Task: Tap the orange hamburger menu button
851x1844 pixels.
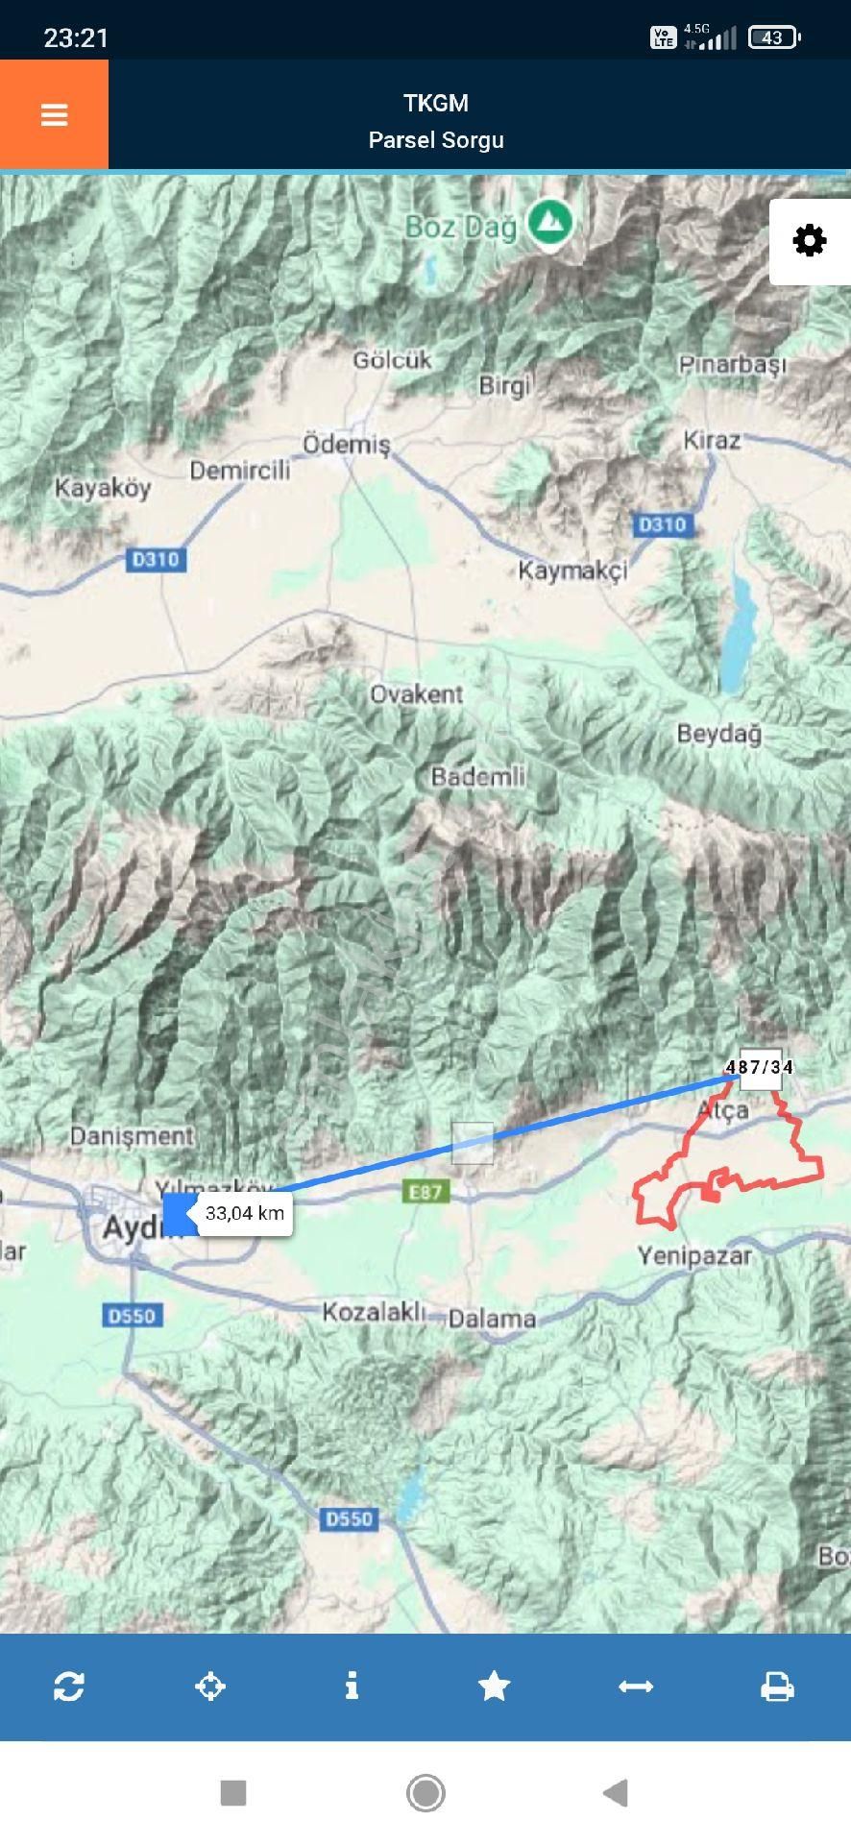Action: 54,115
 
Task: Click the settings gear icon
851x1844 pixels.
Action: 810,240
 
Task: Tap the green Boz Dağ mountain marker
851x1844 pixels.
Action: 549,223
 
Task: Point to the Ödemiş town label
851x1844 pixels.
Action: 347,445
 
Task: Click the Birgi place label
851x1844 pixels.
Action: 504,386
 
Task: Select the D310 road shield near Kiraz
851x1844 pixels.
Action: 663,524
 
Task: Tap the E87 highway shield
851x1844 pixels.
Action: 425,1192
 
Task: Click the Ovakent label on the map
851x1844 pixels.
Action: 417,693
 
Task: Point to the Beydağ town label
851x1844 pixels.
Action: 718,734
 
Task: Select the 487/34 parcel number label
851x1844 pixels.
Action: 760,1067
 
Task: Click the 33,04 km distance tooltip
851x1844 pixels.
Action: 245,1213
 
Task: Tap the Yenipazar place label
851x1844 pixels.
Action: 694,1255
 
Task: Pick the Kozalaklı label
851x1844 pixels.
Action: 373,1311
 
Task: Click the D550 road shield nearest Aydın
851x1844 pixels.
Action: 132,1315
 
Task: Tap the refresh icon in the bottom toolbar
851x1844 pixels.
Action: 69,1686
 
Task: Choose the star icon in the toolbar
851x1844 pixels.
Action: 494,1686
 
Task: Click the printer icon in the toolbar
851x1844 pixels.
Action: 777,1686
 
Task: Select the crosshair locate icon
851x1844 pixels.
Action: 210,1686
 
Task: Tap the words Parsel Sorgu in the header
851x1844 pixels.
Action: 436,140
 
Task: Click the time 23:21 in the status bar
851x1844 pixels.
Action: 76,37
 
